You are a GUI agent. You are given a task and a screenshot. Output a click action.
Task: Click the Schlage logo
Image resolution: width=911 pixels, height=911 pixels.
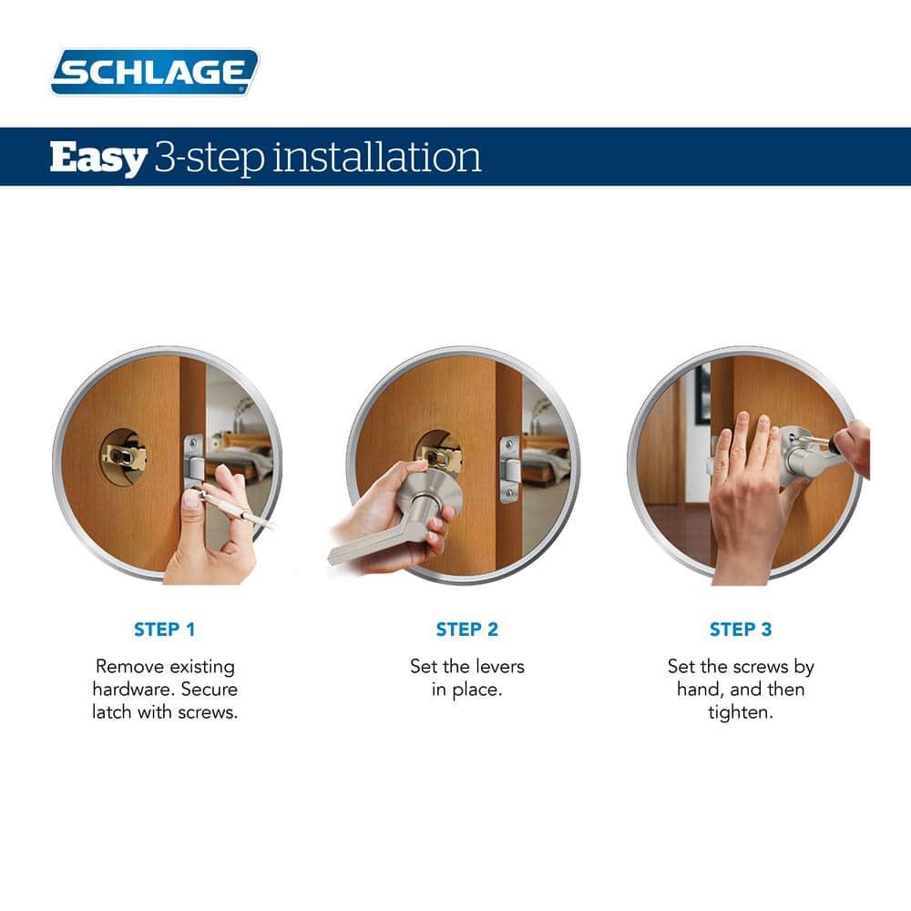point(155,72)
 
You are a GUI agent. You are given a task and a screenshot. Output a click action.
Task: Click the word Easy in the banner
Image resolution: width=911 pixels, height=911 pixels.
point(97,158)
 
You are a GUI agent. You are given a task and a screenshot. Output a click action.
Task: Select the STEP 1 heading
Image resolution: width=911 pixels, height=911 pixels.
point(164,630)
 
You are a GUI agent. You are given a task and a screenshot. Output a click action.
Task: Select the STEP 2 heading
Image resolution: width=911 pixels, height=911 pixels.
point(466,630)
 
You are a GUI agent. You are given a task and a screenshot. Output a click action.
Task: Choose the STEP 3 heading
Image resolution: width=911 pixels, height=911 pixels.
point(740,630)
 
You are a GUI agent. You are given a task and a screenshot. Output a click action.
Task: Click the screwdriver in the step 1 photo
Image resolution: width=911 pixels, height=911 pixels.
point(241,508)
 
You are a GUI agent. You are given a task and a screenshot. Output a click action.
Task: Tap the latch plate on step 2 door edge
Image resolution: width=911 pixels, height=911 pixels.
point(509,468)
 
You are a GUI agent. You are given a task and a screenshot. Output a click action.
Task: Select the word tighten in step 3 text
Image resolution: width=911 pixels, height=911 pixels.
point(740,711)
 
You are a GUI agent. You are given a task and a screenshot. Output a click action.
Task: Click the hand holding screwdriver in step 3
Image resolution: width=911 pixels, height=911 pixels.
point(852,446)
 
